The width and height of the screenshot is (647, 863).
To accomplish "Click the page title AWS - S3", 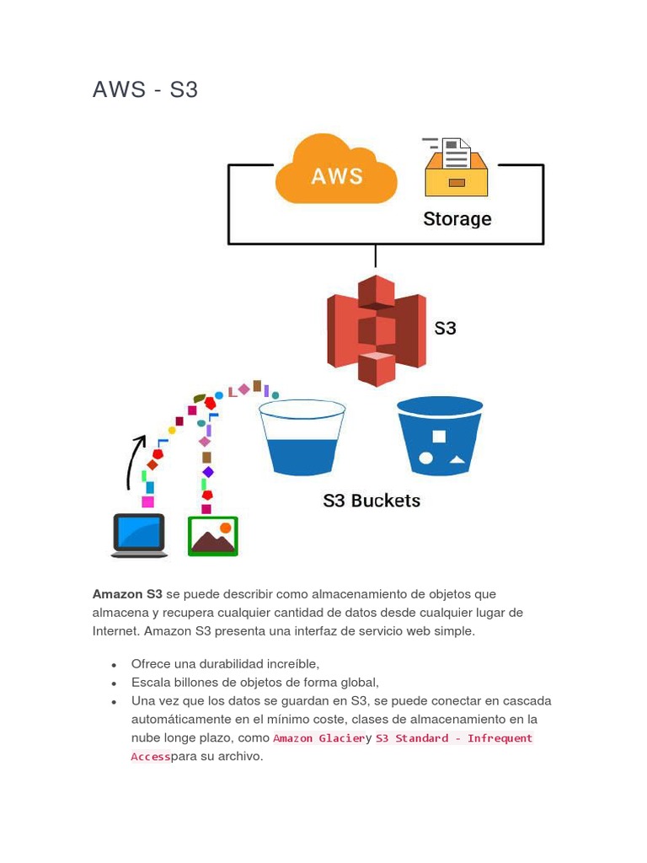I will pos(145,89).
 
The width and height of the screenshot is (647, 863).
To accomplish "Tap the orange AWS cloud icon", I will pos(336,171).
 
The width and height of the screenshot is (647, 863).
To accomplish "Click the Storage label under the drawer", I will pos(457,219).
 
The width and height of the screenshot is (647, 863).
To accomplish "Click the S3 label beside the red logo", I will pos(445,328).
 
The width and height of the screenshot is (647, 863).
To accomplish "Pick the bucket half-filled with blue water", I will pos(302,438).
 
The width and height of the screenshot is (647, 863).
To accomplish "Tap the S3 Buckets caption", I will pos(372,501).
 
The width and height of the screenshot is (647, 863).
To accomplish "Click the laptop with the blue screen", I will pos(139,535).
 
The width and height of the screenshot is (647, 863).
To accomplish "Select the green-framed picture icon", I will pos(212,536).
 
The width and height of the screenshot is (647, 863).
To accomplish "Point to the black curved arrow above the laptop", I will pos(135,462).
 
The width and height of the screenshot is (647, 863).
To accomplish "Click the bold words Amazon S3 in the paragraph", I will pos(127,594).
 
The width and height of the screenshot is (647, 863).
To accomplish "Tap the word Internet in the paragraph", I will pos(116,631).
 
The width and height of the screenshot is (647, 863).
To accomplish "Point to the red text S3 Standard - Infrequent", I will pos(454,738).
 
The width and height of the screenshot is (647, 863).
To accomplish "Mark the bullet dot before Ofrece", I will pos(113,665).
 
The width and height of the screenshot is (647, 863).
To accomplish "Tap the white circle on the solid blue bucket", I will pos(426,458).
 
